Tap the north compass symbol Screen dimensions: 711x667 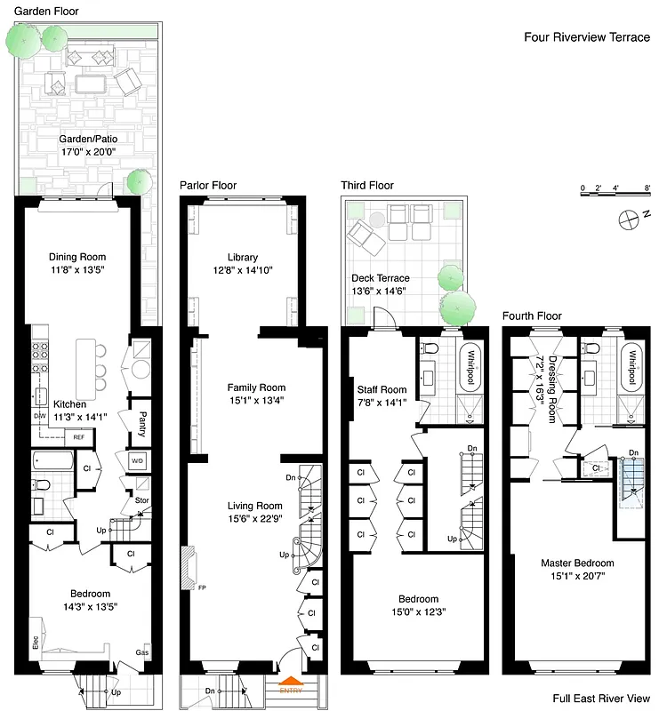[x=631, y=215]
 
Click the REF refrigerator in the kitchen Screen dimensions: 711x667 [x=79, y=436]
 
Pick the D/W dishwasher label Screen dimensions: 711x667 [x=39, y=415]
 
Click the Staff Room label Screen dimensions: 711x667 [x=382, y=389]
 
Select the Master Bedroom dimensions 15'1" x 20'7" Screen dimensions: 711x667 [x=577, y=577]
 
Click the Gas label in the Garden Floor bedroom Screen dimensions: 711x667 [x=141, y=651]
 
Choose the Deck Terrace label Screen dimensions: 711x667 [x=380, y=279]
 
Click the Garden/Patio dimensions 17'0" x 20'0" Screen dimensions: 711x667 [x=88, y=152]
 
